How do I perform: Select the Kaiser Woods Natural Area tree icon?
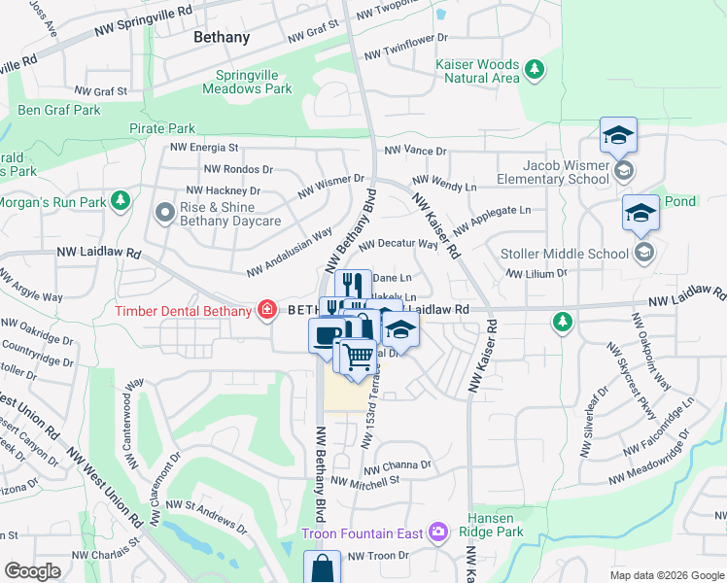533,70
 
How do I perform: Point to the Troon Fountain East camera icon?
438,532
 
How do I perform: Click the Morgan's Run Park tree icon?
121,201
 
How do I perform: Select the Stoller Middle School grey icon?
642,254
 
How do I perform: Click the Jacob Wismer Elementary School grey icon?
623,171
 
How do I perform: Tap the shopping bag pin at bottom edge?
322,567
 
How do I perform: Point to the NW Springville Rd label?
143,21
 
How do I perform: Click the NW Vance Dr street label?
415,152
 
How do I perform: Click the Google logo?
32,571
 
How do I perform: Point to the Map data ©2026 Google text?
666,575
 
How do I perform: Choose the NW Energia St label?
204,148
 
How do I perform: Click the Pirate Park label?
162,128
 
